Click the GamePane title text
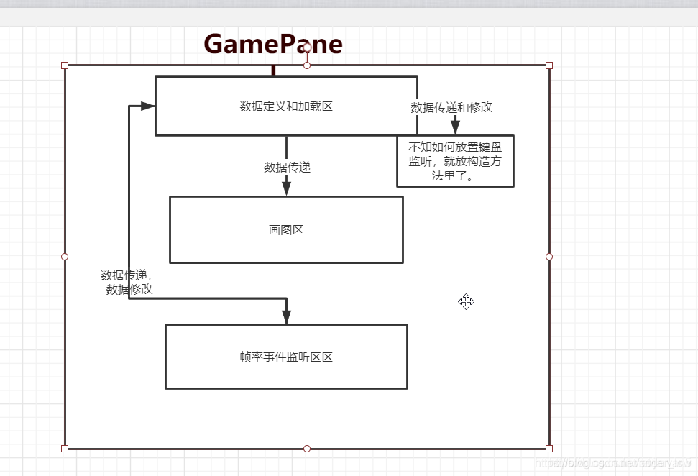point(273,45)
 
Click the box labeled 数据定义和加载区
point(286,106)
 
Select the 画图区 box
point(286,230)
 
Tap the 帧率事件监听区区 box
point(286,357)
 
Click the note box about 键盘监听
point(455,161)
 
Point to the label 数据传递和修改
point(451,107)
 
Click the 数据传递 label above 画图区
point(287,168)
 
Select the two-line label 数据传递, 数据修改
point(128,282)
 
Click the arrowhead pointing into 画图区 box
point(286,188)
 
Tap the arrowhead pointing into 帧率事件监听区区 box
point(286,316)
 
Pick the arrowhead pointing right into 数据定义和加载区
point(147,106)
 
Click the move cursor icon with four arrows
point(466,302)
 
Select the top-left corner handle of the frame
point(65,65)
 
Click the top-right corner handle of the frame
point(549,65)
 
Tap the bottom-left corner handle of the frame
point(65,449)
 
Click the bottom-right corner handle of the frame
point(549,449)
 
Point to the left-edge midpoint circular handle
point(65,257)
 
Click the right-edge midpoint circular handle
point(549,257)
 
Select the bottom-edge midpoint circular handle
point(307,449)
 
